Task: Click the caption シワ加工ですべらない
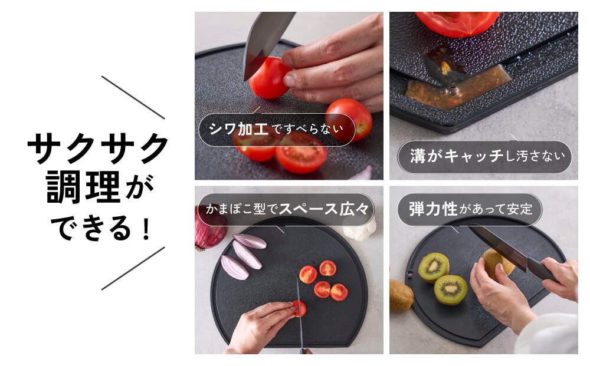pyautogui.click(x=276, y=129)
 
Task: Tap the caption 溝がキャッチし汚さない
pyautogui.click(x=487, y=156)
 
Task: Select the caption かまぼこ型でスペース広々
pyautogui.click(x=287, y=209)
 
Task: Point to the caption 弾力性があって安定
pyautogui.click(x=470, y=209)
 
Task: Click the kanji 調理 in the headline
pyautogui.click(x=84, y=187)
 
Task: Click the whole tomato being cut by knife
pyautogui.click(x=269, y=78)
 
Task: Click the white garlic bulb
pyautogui.click(x=360, y=227)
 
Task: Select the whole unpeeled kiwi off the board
pyautogui.click(x=401, y=295)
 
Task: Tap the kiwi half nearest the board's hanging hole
pyautogui.click(x=434, y=267)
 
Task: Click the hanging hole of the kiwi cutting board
pyautogui.click(x=410, y=273)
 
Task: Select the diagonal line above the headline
pyautogui.click(x=133, y=97)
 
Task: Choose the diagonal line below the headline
pyautogui.click(x=133, y=268)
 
